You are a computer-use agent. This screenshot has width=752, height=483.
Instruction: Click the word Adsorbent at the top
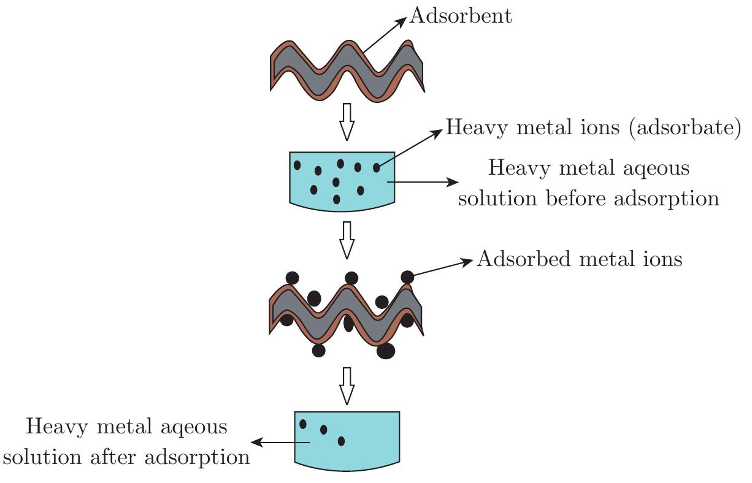(460, 16)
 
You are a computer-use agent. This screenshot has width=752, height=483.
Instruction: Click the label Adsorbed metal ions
(579, 259)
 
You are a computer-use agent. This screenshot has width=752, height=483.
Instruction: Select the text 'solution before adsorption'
(588, 199)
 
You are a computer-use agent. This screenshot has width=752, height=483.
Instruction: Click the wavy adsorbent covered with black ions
(347, 313)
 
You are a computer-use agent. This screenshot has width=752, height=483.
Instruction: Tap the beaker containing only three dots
(347, 439)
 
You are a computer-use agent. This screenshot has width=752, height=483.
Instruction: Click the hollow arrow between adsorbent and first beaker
(347, 121)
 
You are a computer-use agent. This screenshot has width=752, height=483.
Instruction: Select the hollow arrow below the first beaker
(347, 240)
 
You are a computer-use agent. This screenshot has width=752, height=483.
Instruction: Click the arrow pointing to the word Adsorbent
(385, 35)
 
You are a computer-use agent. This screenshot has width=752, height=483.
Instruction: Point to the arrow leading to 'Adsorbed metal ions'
(442, 268)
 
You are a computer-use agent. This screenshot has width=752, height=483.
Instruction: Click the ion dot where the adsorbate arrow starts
(377, 167)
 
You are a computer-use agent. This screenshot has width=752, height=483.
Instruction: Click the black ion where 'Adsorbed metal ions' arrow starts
(407, 277)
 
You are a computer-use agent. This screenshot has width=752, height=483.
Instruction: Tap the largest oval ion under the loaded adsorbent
(386, 351)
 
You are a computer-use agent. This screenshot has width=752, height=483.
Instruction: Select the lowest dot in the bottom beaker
(341, 441)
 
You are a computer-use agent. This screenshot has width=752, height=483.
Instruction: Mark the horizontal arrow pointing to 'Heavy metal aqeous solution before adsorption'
(423, 182)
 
